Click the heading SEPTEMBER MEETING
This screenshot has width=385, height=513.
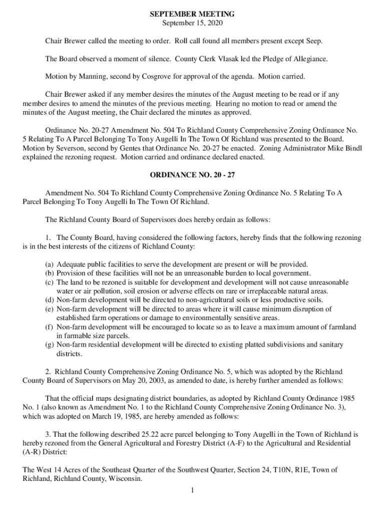(192, 14)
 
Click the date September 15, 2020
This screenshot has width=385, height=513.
(192, 23)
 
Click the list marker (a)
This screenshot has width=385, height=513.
(50, 264)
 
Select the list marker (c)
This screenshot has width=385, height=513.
(50, 282)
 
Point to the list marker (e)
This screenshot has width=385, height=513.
(50, 309)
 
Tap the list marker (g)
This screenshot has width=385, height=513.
(50, 345)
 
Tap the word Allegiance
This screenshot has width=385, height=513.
(307, 59)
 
